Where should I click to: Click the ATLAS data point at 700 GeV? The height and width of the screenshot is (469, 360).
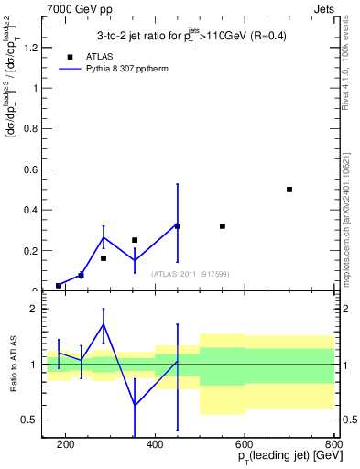point(289,190)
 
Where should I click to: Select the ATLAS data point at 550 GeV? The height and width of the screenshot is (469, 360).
point(223,226)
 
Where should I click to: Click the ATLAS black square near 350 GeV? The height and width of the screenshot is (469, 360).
point(135,240)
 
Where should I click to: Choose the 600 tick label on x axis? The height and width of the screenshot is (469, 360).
point(245,444)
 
